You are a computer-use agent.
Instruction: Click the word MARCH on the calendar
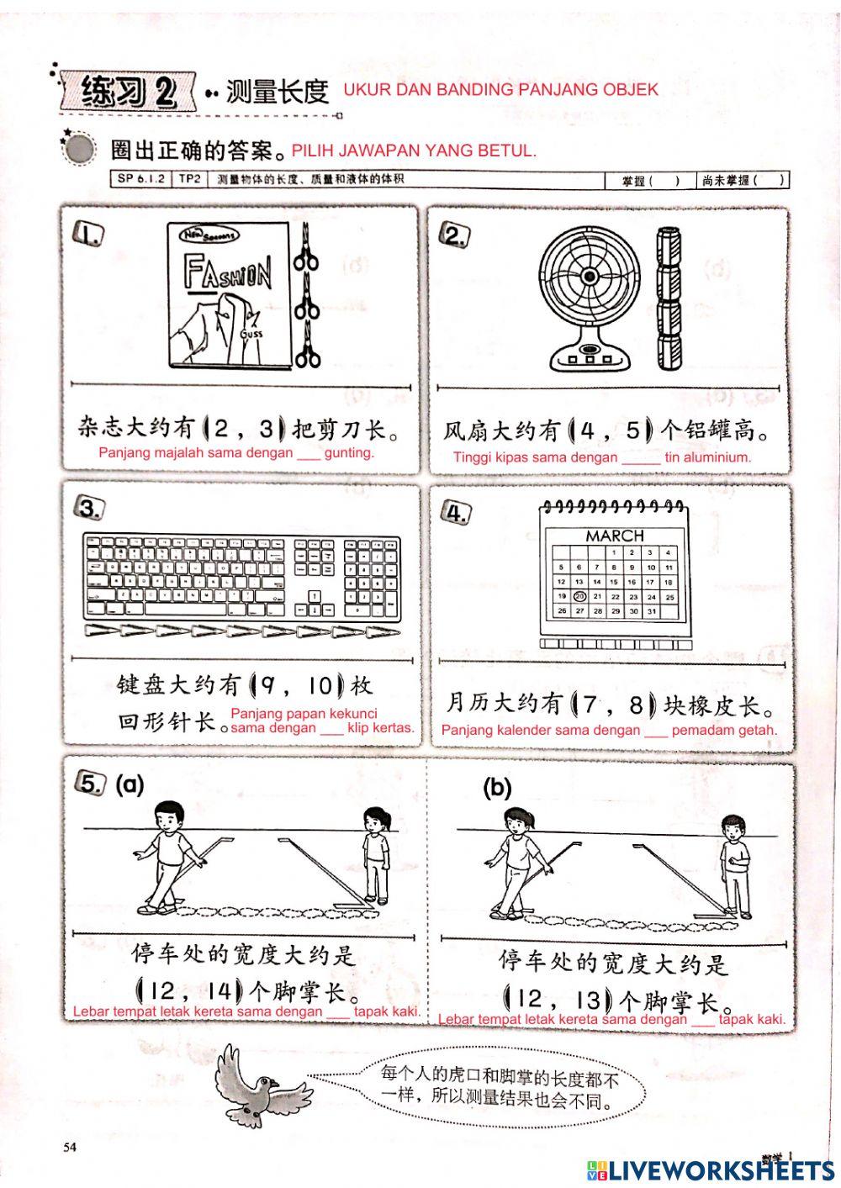615,536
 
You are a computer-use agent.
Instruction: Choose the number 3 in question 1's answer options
267,430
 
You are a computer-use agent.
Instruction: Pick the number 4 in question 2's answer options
588,431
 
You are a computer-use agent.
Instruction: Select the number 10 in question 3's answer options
320,686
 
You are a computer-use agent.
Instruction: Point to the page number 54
70,1147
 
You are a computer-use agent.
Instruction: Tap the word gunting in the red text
348,452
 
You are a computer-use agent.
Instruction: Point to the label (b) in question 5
497,788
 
